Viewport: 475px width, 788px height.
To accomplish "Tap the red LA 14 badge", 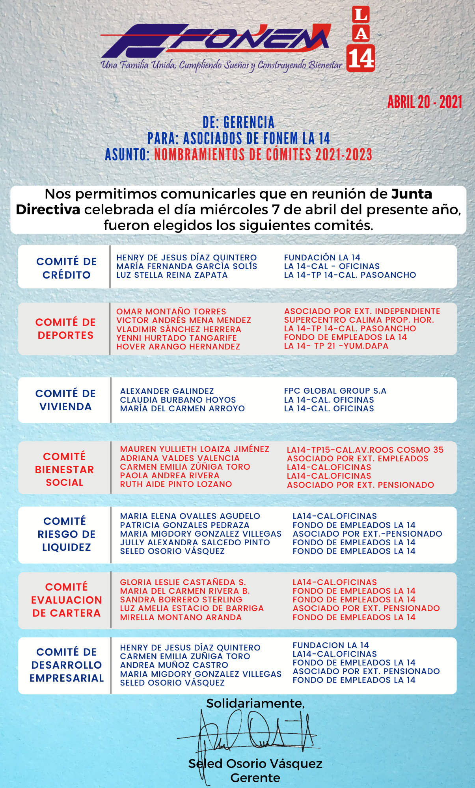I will [361, 39].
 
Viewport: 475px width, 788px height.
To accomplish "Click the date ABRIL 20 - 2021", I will [425, 102].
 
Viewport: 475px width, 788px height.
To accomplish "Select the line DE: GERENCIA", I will [238, 123].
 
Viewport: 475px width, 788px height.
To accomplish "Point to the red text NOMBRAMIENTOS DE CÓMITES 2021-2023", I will [263, 154].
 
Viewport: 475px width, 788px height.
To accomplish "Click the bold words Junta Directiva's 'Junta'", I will [412, 194].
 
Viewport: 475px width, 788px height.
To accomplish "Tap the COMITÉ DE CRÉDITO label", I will [66, 268].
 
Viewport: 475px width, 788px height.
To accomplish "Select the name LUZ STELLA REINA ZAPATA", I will [172, 275].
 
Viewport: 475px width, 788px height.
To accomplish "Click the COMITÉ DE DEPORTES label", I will [65, 329].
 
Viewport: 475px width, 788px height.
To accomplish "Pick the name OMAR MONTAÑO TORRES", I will [171, 311].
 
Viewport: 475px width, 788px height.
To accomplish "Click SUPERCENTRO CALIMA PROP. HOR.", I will [359, 320].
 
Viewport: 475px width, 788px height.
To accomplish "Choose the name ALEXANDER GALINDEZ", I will [167, 391].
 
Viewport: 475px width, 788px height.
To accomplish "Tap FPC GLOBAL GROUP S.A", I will [335, 391].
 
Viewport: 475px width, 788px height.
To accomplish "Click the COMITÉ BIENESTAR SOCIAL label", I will [65, 469].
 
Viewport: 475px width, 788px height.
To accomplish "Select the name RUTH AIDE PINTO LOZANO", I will [176, 484].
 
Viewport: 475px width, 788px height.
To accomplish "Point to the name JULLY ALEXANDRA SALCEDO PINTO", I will [195, 543].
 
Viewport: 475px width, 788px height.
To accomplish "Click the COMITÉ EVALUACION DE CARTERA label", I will [66, 600].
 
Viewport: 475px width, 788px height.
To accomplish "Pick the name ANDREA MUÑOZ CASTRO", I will [174, 665].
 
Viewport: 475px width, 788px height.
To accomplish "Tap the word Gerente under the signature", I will [255, 778].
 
